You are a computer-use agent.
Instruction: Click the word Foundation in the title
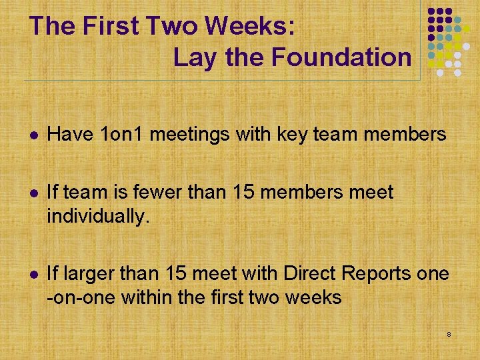pos(342,57)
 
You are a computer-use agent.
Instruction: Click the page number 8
pos(449,333)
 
